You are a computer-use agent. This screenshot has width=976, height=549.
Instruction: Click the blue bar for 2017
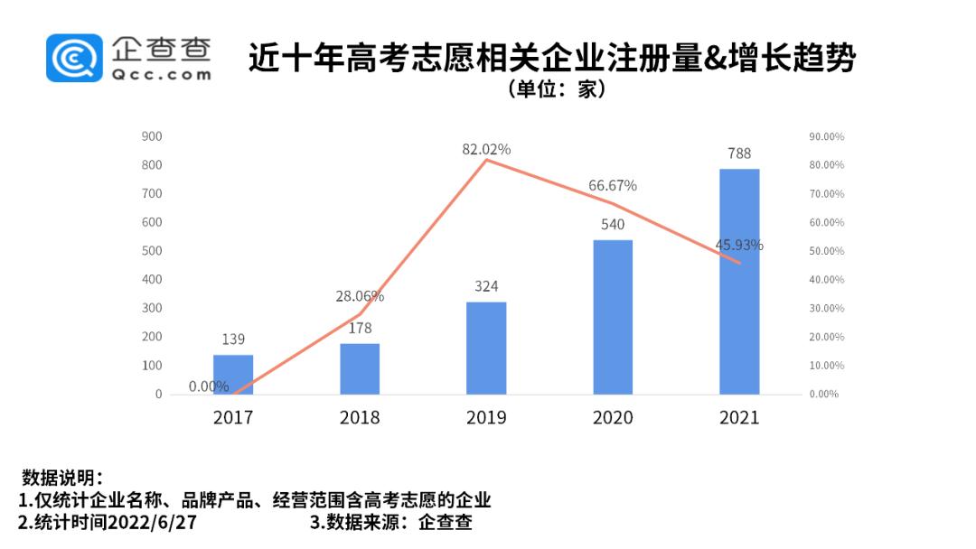[233, 375]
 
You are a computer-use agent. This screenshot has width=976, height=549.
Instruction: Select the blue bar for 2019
[486, 348]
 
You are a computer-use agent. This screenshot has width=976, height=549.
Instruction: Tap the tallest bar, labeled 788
[739, 282]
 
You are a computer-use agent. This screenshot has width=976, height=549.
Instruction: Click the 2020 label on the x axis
[613, 417]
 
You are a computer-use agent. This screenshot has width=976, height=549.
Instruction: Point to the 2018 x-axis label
[360, 417]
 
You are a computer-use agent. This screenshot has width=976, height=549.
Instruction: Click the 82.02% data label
[486, 149]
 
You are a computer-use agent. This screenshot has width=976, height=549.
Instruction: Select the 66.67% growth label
[613, 185]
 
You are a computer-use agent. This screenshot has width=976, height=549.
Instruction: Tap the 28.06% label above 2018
[360, 296]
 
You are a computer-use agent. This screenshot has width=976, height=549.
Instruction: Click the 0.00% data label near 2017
[209, 386]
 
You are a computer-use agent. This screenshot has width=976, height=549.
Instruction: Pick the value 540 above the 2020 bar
[613, 224]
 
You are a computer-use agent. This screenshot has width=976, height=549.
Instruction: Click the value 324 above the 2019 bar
[486, 286]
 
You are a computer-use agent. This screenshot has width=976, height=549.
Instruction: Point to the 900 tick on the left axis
[152, 136]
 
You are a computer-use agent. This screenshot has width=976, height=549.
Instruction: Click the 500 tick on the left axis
[152, 251]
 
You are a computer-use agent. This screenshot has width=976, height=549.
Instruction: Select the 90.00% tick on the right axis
[825, 136]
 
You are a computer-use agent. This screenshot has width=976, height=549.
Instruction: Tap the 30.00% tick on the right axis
[825, 309]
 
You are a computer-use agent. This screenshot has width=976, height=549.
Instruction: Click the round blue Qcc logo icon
[76, 58]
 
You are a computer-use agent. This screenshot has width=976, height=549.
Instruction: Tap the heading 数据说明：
[62, 478]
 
